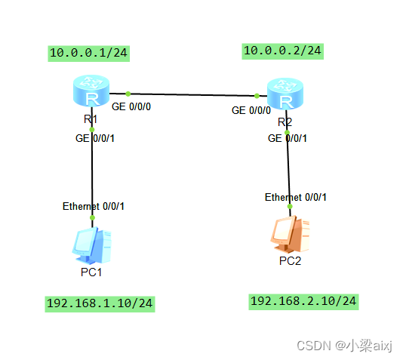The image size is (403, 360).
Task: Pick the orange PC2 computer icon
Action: (288, 234)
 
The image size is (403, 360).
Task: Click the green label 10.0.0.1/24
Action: (88, 53)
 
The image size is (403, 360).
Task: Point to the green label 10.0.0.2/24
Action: (282, 51)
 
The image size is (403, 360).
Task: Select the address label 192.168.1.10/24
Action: (100, 303)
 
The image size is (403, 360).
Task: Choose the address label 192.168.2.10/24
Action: (303, 301)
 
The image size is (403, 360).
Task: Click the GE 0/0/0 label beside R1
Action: (131, 107)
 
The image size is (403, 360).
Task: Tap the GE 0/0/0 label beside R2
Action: (251, 110)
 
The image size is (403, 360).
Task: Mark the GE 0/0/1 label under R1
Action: (95, 138)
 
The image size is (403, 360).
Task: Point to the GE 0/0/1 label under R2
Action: (288, 138)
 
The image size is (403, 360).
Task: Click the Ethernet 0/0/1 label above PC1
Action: (94, 206)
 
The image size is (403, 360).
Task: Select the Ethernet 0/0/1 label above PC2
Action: (296, 197)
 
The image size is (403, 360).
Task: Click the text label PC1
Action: (91, 272)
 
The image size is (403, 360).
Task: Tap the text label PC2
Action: (290, 261)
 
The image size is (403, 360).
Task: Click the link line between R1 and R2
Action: (192, 95)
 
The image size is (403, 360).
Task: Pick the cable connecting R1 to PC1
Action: (92, 174)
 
